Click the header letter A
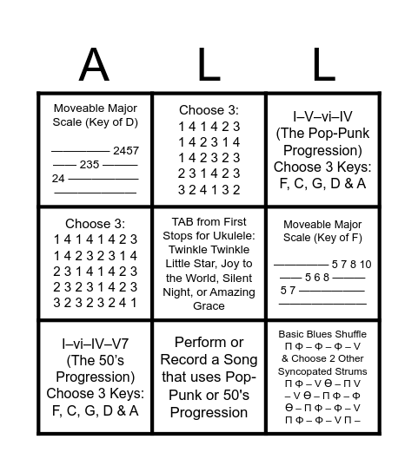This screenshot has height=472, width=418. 94,65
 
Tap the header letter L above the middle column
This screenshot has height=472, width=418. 209,65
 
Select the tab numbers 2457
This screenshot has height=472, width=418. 125,150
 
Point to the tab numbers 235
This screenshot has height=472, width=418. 90,164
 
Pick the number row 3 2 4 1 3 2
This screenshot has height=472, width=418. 209,188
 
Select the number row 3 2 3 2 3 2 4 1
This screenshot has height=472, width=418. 95,303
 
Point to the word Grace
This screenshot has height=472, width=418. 209,305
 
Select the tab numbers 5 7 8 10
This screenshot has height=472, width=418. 351,264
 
